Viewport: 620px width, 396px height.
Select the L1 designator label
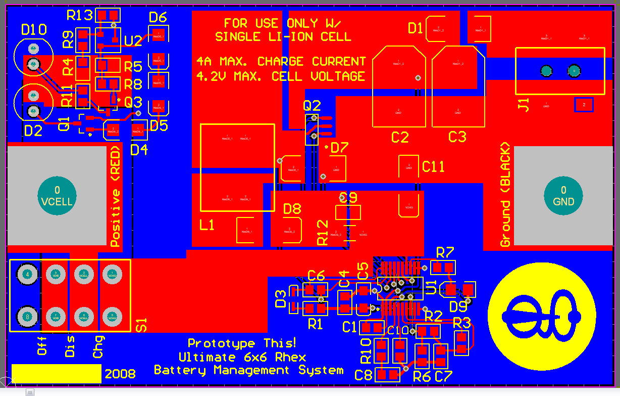(x=207, y=225)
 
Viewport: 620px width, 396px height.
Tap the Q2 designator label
(x=312, y=106)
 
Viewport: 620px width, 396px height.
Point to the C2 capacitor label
(x=400, y=137)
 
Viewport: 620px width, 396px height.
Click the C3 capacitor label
(x=457, y=137)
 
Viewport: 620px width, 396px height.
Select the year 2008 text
(x=120, y=374)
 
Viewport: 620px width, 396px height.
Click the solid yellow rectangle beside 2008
(x=56, y=374)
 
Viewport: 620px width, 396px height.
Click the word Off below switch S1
(x=42, y=346)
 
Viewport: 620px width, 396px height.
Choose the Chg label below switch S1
(x=98, y=346)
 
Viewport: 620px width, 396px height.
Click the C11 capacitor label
(x=433, y=166)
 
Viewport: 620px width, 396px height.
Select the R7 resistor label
(x=445, y=252)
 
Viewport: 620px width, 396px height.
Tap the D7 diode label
(x=340, y=148)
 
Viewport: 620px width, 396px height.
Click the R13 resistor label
(x=80, y=15)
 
